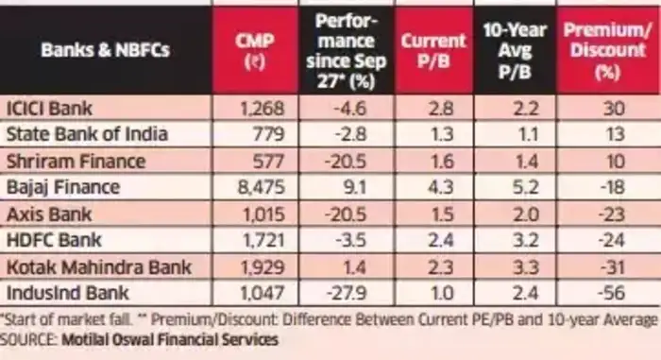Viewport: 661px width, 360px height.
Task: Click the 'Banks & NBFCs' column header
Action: click(105, 50)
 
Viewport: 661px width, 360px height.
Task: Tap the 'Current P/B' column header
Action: click(433, 50)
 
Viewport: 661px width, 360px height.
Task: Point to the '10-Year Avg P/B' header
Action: click(515, 50)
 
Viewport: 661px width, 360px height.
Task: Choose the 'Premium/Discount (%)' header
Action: click(608, 50)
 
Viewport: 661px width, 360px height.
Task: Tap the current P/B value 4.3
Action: click(433, 187)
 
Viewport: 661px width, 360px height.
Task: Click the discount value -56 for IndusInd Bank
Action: click(608, 292)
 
